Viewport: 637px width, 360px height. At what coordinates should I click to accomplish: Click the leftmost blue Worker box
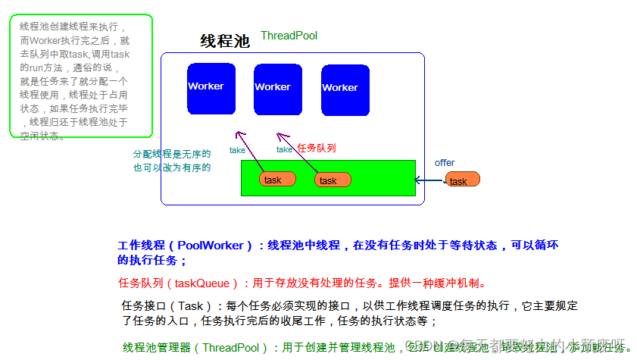tap(211, 89)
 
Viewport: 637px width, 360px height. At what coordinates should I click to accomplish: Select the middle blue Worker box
tap(277, 89)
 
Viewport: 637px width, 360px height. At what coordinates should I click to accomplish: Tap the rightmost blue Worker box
tap(345, 90)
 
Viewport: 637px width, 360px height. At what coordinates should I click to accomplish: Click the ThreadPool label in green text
tap(289, 36)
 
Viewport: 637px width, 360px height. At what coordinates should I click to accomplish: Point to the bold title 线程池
tap(225, 41)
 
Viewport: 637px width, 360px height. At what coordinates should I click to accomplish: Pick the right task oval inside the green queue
tap(333, 180)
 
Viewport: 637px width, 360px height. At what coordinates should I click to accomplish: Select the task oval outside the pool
tap(462, 180)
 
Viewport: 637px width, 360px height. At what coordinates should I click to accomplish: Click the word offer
tap(445, 163)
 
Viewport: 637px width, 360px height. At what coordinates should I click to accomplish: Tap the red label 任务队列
tap(317, 149)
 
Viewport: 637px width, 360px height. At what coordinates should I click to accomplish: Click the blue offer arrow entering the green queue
tap(430, 180)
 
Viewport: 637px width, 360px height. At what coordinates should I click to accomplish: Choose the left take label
tap(237, 150)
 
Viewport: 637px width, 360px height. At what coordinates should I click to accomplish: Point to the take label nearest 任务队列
tap(284, 149)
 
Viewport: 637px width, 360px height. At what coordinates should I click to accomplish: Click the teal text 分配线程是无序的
tap(172, 154)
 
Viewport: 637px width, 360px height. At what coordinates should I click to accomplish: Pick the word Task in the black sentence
tap(192, 306)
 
